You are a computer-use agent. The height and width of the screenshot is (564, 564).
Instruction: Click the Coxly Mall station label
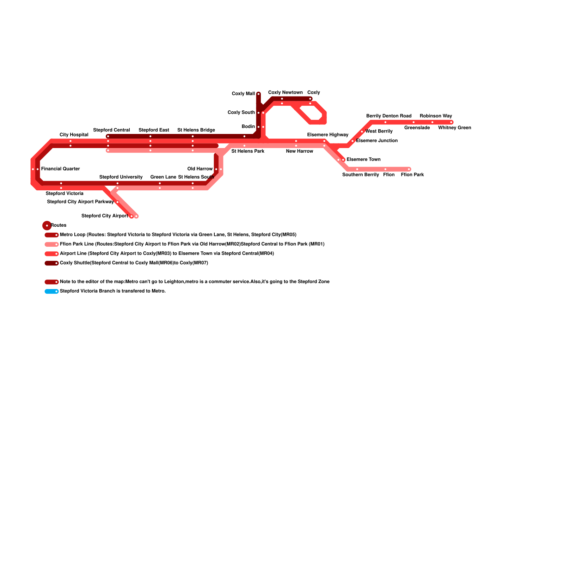click(x=243, y=94)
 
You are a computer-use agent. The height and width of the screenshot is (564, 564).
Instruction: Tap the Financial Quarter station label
click(x=60, y=169)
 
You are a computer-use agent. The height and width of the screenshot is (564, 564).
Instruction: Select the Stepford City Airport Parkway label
click(x=80, y=202)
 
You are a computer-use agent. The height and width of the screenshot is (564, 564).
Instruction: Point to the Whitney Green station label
click(x=454, y=128)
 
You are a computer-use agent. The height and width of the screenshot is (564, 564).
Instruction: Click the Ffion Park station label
click(x=412, y=175)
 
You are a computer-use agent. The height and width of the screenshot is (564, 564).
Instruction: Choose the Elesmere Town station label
click(x=363, y=160)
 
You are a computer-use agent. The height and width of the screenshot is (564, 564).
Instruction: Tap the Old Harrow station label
click(x=200, y=169)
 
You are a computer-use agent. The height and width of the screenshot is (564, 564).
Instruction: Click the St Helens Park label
click(x=248, y=151)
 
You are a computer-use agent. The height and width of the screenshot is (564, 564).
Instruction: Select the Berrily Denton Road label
click(x=389, y=116)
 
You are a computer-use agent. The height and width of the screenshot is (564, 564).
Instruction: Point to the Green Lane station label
click(x=163, y=177)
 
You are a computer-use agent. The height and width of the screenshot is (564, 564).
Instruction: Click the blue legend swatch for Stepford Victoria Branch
click(x=51, y=292)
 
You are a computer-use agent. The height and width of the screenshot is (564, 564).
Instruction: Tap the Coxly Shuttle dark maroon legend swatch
click(x=51, y=263)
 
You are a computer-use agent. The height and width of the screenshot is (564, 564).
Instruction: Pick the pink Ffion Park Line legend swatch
click(x=51, y=244)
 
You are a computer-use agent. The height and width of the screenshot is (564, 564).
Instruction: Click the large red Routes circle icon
click(x=47, y=226)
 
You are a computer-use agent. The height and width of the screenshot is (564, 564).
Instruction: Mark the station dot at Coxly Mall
click(x=258, y=94)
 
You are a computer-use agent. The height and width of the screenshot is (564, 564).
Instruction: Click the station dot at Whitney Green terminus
click(x=451, y=122)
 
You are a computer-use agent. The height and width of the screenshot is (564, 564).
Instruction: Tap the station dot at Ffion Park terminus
click(x=409, y=169)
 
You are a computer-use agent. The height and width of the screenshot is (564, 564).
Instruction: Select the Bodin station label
click(x=248, y=127)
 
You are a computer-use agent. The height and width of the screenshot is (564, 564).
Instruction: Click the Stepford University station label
click(x=121, y=177)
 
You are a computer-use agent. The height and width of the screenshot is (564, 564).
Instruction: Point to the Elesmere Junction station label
click(x=377, y=141)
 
